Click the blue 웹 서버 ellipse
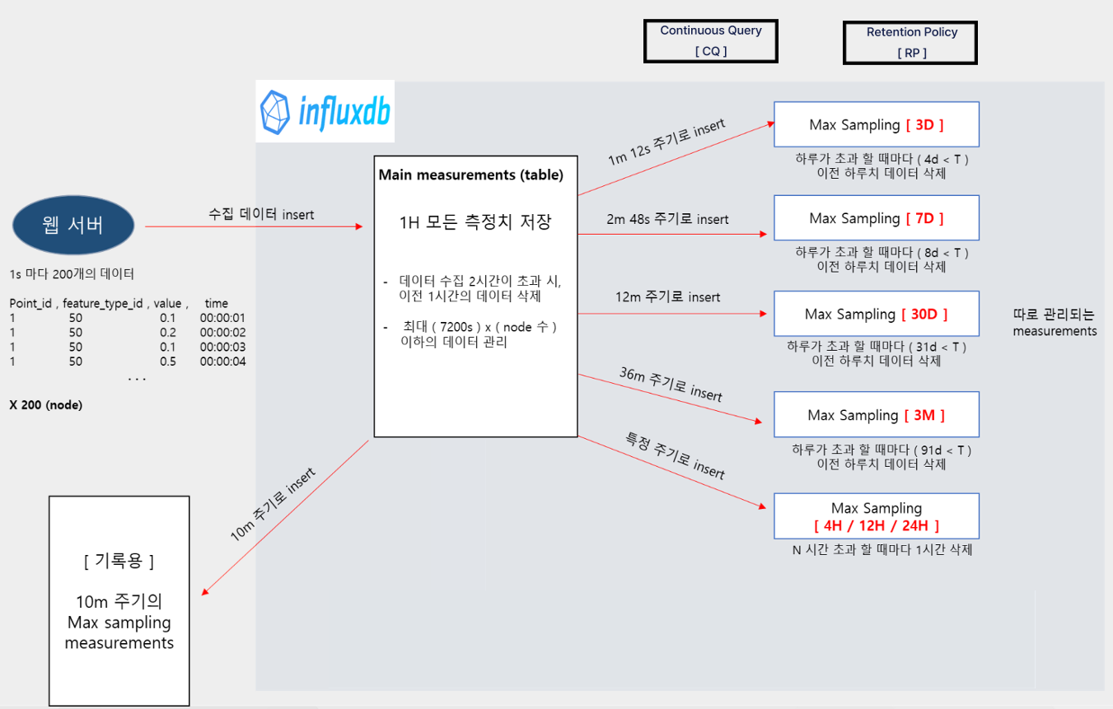tap(73, 225)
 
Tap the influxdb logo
tap(325, 110)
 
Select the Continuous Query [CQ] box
tap(711, 40)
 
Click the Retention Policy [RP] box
tap(911, 42)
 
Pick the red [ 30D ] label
tap(925, 315)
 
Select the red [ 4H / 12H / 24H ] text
tap(877, 525)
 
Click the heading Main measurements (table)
tap(471, 175)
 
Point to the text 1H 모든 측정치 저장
tap(475, 222)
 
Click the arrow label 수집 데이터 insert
tap(261, 214)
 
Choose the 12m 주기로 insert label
tap(667, 296)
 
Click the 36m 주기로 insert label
tap(671, 384)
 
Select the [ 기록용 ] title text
tap(119, 561)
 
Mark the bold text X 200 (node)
tap(46, 405)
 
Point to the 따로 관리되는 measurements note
tap(1055, 323)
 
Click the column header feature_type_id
tap(105, 303)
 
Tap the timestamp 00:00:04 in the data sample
tap(222, 361)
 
